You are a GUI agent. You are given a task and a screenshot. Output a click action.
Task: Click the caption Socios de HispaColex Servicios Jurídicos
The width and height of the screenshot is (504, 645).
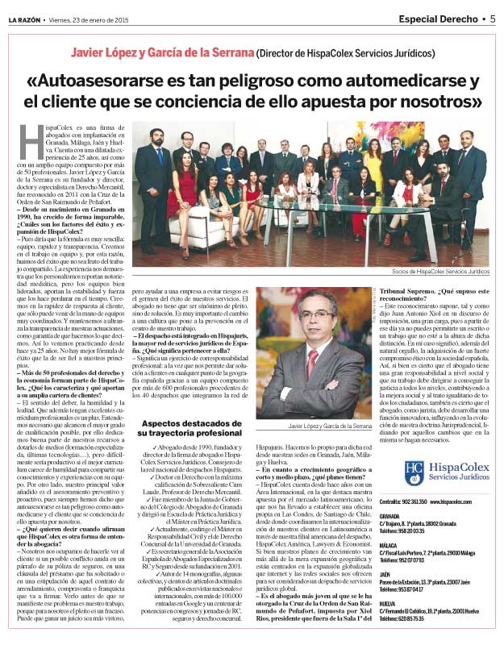(x=437, y=272)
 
